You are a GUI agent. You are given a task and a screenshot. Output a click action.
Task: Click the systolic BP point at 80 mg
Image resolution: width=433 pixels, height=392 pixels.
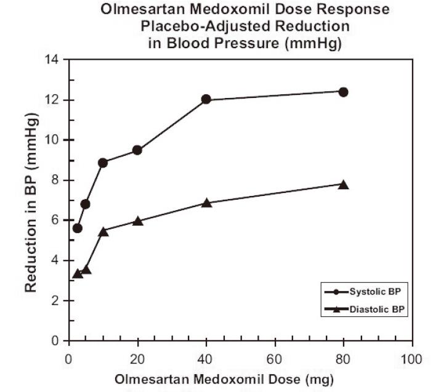coord(344,92)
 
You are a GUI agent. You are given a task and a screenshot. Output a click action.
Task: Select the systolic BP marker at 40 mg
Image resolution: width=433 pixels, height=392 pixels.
coord(206,99)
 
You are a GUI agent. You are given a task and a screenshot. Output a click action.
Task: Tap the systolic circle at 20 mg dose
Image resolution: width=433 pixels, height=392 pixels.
coord(137,150)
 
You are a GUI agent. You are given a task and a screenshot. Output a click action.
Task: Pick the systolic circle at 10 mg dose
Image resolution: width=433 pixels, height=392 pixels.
coord(103,162)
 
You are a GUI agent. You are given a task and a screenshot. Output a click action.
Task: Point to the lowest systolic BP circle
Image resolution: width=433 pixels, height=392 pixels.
coord(77,228)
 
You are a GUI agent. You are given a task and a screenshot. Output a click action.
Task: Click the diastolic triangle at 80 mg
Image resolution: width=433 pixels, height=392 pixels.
coord(344,184)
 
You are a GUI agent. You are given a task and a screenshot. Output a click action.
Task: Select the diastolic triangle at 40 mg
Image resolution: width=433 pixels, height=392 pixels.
coord(206,202)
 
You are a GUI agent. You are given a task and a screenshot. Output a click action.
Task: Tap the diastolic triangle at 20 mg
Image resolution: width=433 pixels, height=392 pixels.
coord(137,221)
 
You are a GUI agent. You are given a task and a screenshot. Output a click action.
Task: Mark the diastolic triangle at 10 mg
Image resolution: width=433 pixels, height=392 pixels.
coord(103,231)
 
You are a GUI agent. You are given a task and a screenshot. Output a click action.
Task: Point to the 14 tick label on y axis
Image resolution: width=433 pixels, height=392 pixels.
coord(54,60)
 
